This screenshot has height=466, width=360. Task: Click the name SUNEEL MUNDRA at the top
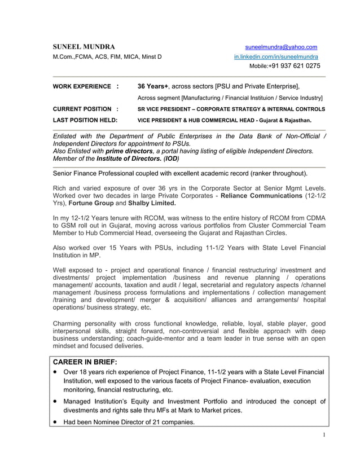coord(84,47)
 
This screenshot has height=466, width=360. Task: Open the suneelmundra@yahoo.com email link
coord(280,47)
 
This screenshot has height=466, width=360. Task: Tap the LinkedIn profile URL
coord(276,57)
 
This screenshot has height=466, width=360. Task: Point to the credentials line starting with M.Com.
coord(107,57)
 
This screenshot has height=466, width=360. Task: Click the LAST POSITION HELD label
coord(85,120)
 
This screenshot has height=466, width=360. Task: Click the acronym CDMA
coord(315,217)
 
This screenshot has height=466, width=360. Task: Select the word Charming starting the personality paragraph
coord(69,323)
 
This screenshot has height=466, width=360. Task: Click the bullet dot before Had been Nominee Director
coord(55,423)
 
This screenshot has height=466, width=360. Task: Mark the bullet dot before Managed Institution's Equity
coord(55,402)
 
